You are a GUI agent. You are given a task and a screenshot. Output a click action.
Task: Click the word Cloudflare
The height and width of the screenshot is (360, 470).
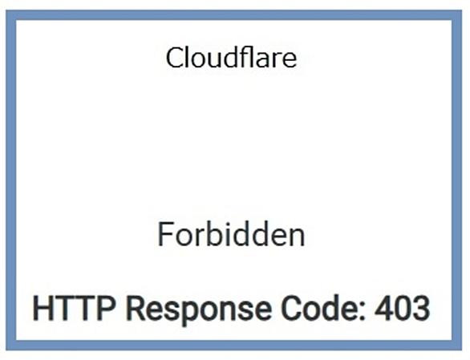pos(232,57)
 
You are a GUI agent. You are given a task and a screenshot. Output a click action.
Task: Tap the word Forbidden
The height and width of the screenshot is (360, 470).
pos(231,234)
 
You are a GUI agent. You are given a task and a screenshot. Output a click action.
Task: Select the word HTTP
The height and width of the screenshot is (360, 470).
pos(74,308)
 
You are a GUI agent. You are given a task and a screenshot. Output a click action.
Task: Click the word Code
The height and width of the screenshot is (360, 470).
pos(320,308)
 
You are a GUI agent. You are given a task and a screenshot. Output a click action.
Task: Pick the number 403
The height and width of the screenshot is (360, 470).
pos(402,308)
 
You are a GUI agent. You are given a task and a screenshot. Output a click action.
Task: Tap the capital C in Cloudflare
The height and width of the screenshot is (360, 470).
pos(175,58)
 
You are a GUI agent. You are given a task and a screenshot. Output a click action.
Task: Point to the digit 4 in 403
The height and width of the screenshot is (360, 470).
pos(383,308)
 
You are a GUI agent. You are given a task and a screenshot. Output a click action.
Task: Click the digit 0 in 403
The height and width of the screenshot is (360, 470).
pos(402,309)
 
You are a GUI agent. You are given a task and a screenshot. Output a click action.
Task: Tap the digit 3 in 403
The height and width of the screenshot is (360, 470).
pos(421,309)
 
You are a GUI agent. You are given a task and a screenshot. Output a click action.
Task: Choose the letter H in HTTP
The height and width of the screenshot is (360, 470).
pos(43,308)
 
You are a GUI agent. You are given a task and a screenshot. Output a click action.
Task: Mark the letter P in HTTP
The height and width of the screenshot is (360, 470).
pos(106,308)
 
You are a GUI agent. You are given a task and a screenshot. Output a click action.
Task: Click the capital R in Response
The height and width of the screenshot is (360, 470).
pos(136,308)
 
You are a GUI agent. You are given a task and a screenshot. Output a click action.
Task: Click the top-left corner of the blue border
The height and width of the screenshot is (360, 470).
pos(6,10)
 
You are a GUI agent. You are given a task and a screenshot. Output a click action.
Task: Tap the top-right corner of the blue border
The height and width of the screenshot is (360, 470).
pos(462,10)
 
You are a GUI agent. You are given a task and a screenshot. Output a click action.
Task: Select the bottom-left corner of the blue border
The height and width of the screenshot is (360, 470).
pos(6,350)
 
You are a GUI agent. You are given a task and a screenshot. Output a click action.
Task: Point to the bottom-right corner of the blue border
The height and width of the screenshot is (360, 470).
pos(462,350)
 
